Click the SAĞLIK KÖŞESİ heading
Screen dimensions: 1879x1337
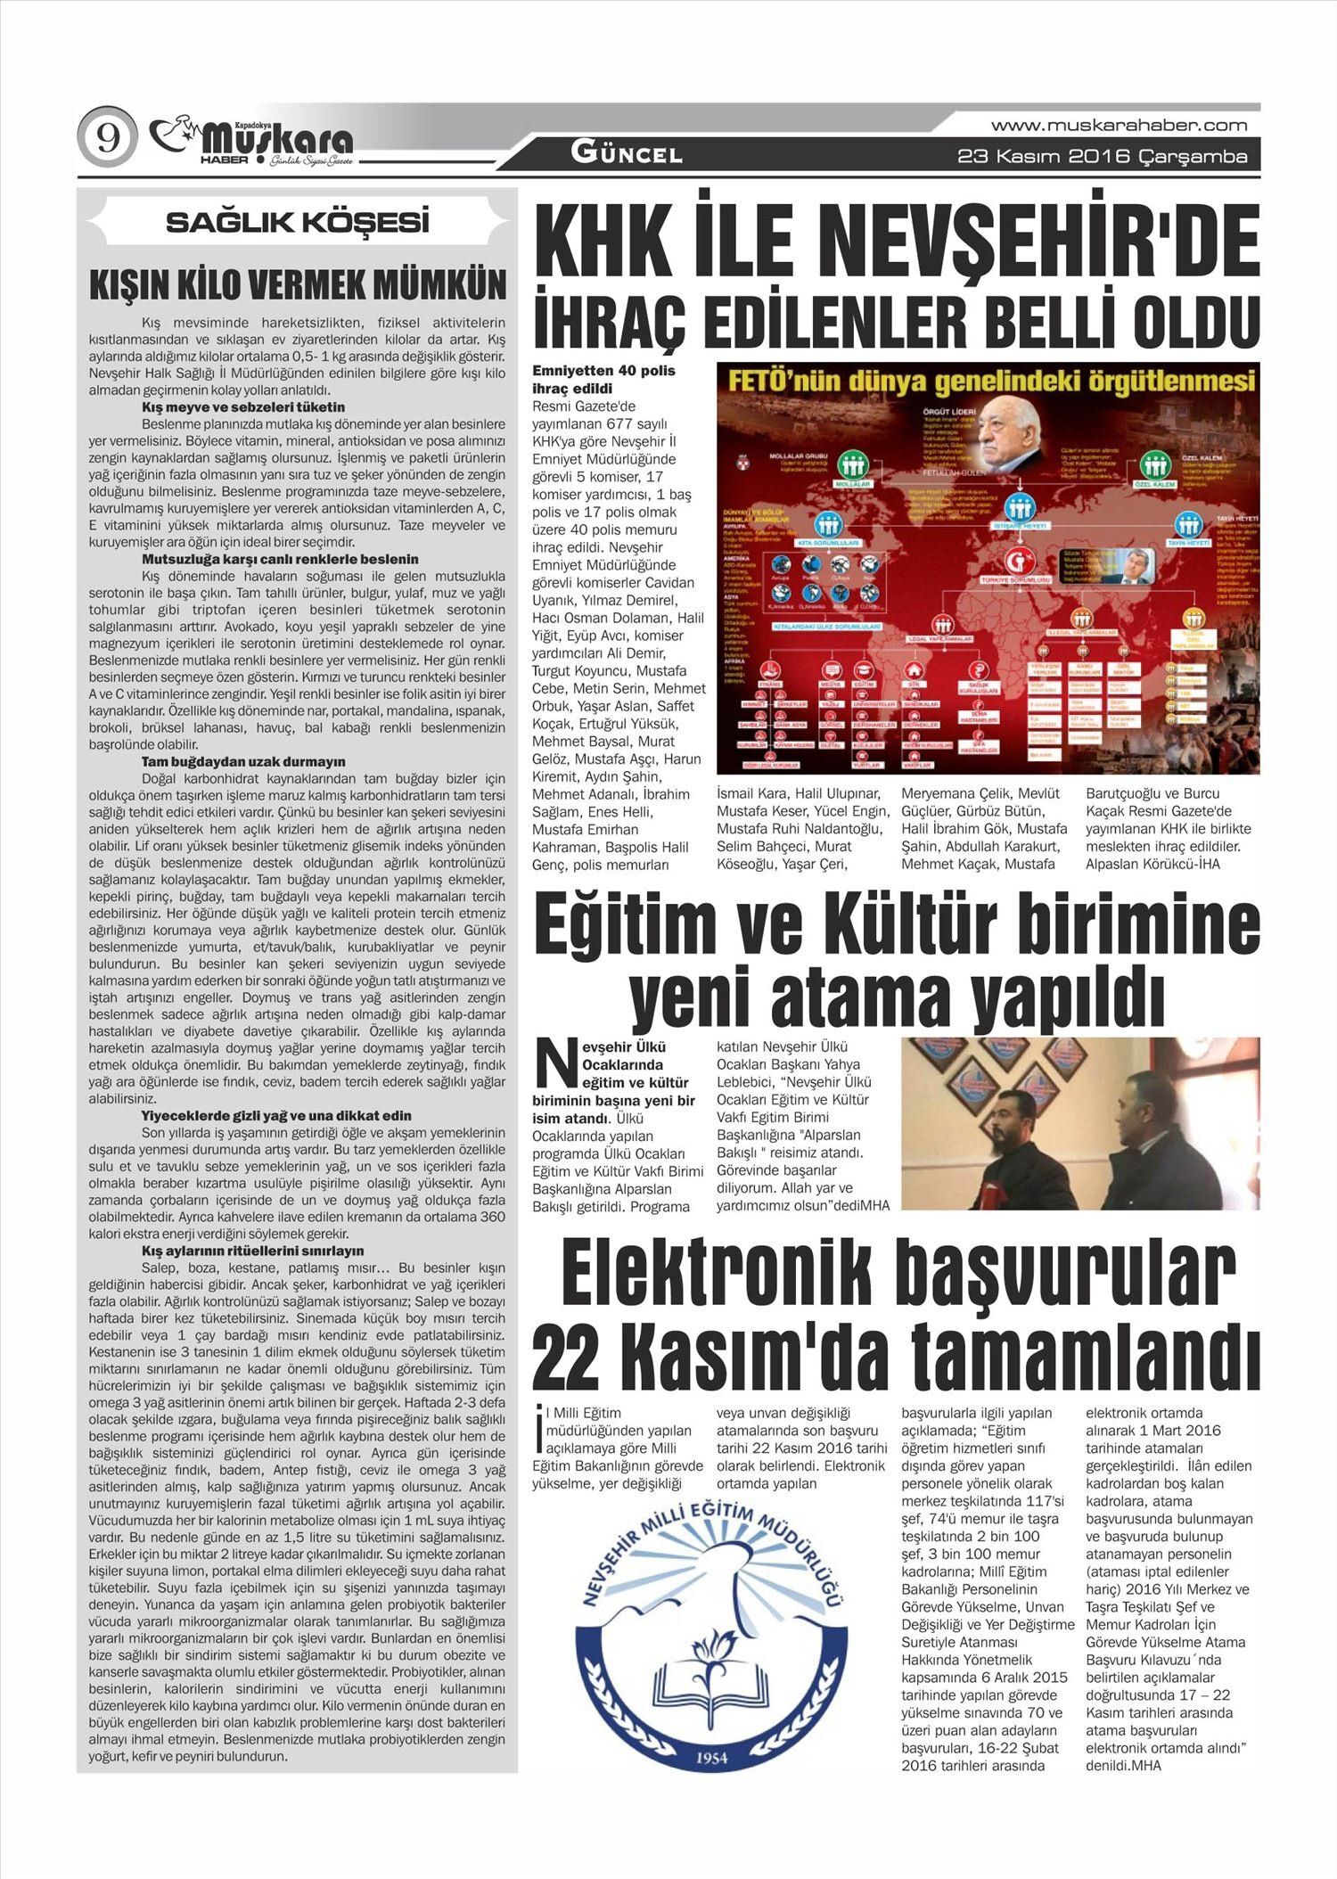298,222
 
